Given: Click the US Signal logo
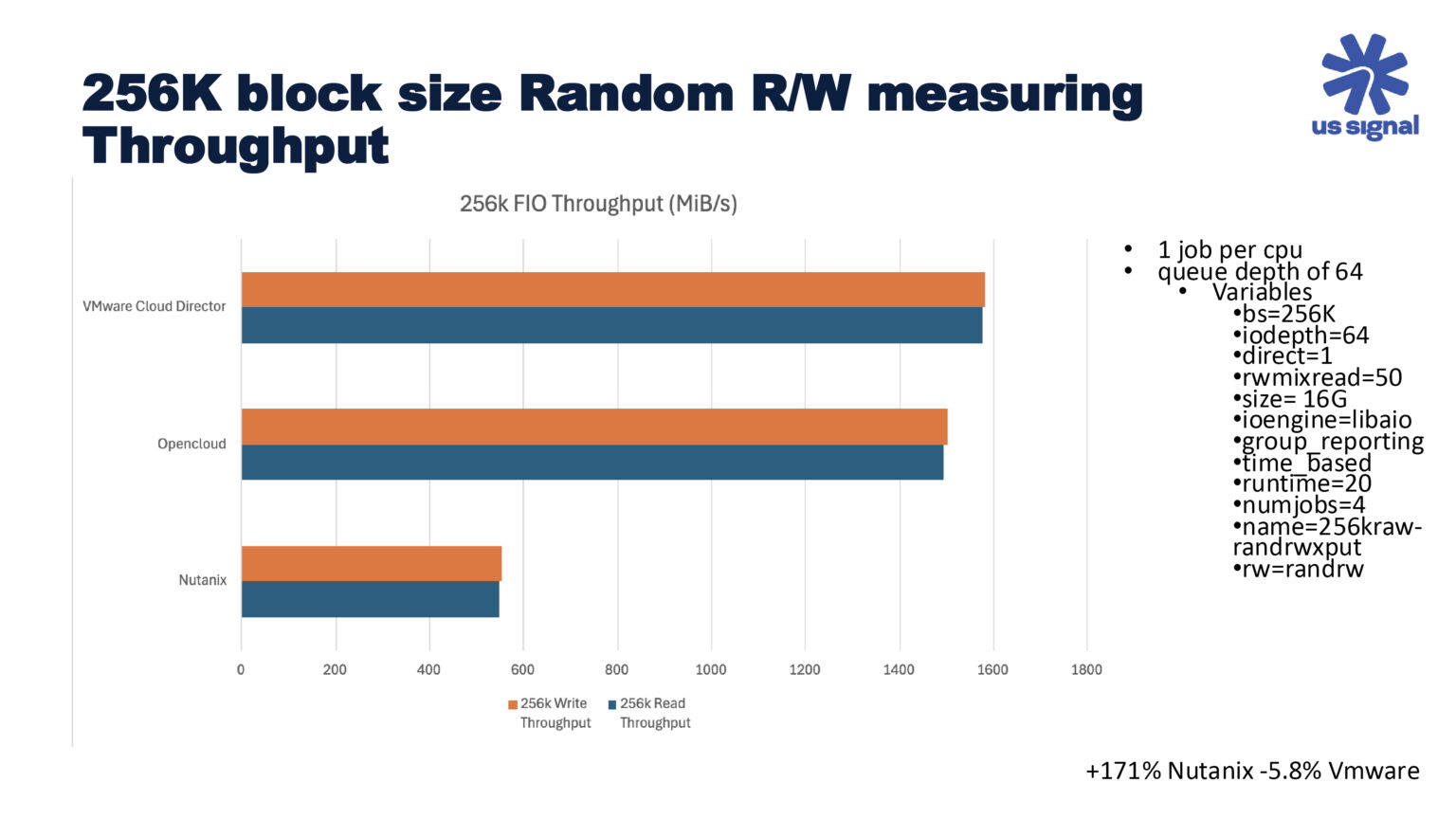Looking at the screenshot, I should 1365,87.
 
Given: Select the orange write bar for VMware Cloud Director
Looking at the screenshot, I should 612,289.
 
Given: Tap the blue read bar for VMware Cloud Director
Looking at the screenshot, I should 611,325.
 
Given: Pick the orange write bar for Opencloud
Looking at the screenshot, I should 594,427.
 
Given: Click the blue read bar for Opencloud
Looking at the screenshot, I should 592,463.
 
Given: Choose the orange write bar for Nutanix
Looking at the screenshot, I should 372,563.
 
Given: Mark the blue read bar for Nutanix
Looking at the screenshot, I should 370,599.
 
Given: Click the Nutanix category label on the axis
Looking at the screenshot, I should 203,580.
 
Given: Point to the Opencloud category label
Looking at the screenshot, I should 191,444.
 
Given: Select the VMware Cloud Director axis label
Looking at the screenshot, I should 155,306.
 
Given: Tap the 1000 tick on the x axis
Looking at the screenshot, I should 711,669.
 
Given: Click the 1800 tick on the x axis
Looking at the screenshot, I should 1086,669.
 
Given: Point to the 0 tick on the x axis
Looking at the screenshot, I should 241,669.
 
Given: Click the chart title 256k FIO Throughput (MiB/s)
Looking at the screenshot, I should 598,204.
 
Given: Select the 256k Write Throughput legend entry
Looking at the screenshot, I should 550,713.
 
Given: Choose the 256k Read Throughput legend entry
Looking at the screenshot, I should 650,713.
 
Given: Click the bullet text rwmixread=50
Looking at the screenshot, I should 1321,377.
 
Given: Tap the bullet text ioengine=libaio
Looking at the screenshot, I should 1326,420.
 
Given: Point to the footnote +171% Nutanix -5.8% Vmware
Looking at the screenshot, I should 1252,771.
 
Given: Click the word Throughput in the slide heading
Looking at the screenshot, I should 236,147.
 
